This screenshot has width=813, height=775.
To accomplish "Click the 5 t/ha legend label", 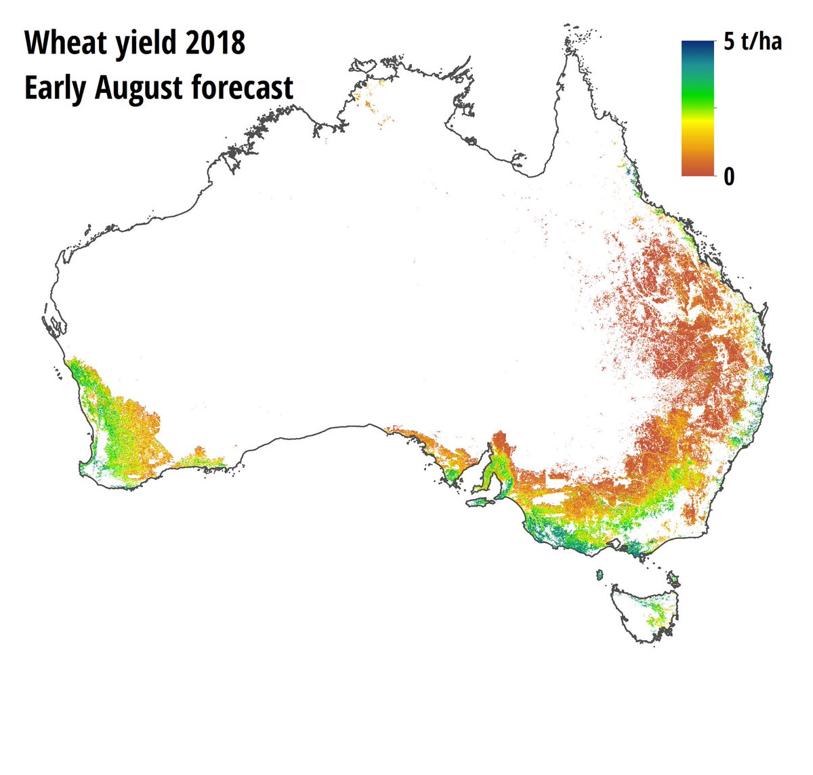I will tap(752, 42).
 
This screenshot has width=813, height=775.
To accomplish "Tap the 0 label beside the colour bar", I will tap(729, 177).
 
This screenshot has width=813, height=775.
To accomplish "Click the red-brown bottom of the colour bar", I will tap(697, 170).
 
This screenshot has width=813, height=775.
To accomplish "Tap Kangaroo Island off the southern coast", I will tap(480, 502).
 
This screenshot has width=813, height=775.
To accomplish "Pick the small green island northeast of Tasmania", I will tap(673, 578).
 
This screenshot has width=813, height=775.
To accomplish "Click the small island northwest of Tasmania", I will tap(599, 575).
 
